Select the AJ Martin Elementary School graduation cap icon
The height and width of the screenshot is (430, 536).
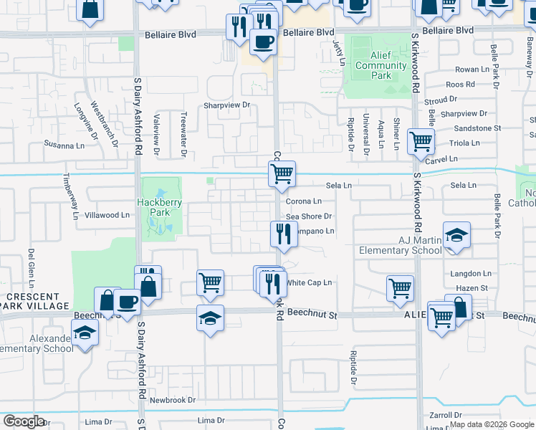pyautogui.click(x=456, y=235)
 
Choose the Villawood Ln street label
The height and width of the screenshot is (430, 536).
pyautogui.click(x=107, y=214)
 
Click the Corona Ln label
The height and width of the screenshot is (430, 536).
pyautogui.click(x=304, y=201)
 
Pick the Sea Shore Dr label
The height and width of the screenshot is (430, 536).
pyautogui.click(x=309, y=216)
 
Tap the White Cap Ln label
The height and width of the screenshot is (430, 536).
pyautogui.click(x=310, y=282)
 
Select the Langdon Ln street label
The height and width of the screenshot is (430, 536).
pyautogui.click(x=470, y=274)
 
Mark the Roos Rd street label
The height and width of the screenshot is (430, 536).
pyautogui.click(x=461, y=84)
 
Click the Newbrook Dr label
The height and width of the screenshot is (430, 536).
pyautogui.click(x=168, y=399)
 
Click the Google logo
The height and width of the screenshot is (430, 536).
pyautogui.click(x=24, y=421)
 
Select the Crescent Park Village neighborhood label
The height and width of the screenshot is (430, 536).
pyautogui.click(x=34, y=301)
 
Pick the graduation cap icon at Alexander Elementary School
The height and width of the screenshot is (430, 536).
pyautogui.click(x=85, y=333)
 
